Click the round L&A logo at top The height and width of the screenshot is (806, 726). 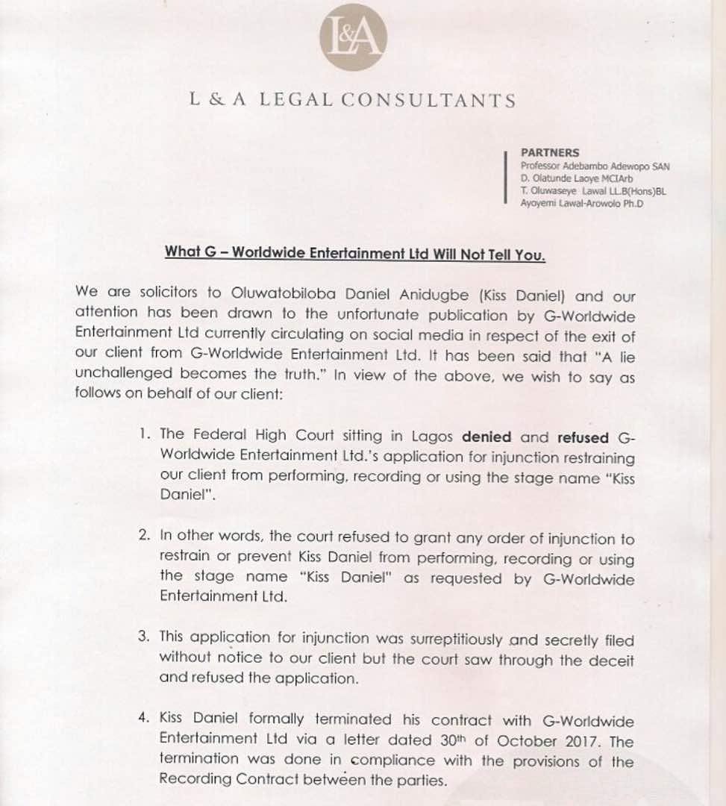pyautogui.click(x=353, y=37)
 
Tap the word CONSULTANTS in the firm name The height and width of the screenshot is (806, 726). pyautogui.click(x=440, y=101)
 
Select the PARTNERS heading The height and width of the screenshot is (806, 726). pyautogui.click(x=550, y=153)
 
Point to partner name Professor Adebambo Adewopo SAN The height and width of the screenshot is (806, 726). pyautogui.click(x=595, y=166)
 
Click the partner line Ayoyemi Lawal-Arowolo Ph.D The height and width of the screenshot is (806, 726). pyautogui.click(x=582, y=204)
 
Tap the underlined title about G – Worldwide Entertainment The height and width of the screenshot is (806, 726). pyautogui.click(x=355, y=252)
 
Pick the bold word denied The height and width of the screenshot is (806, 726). pyautogui.click(x=486, y=437)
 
